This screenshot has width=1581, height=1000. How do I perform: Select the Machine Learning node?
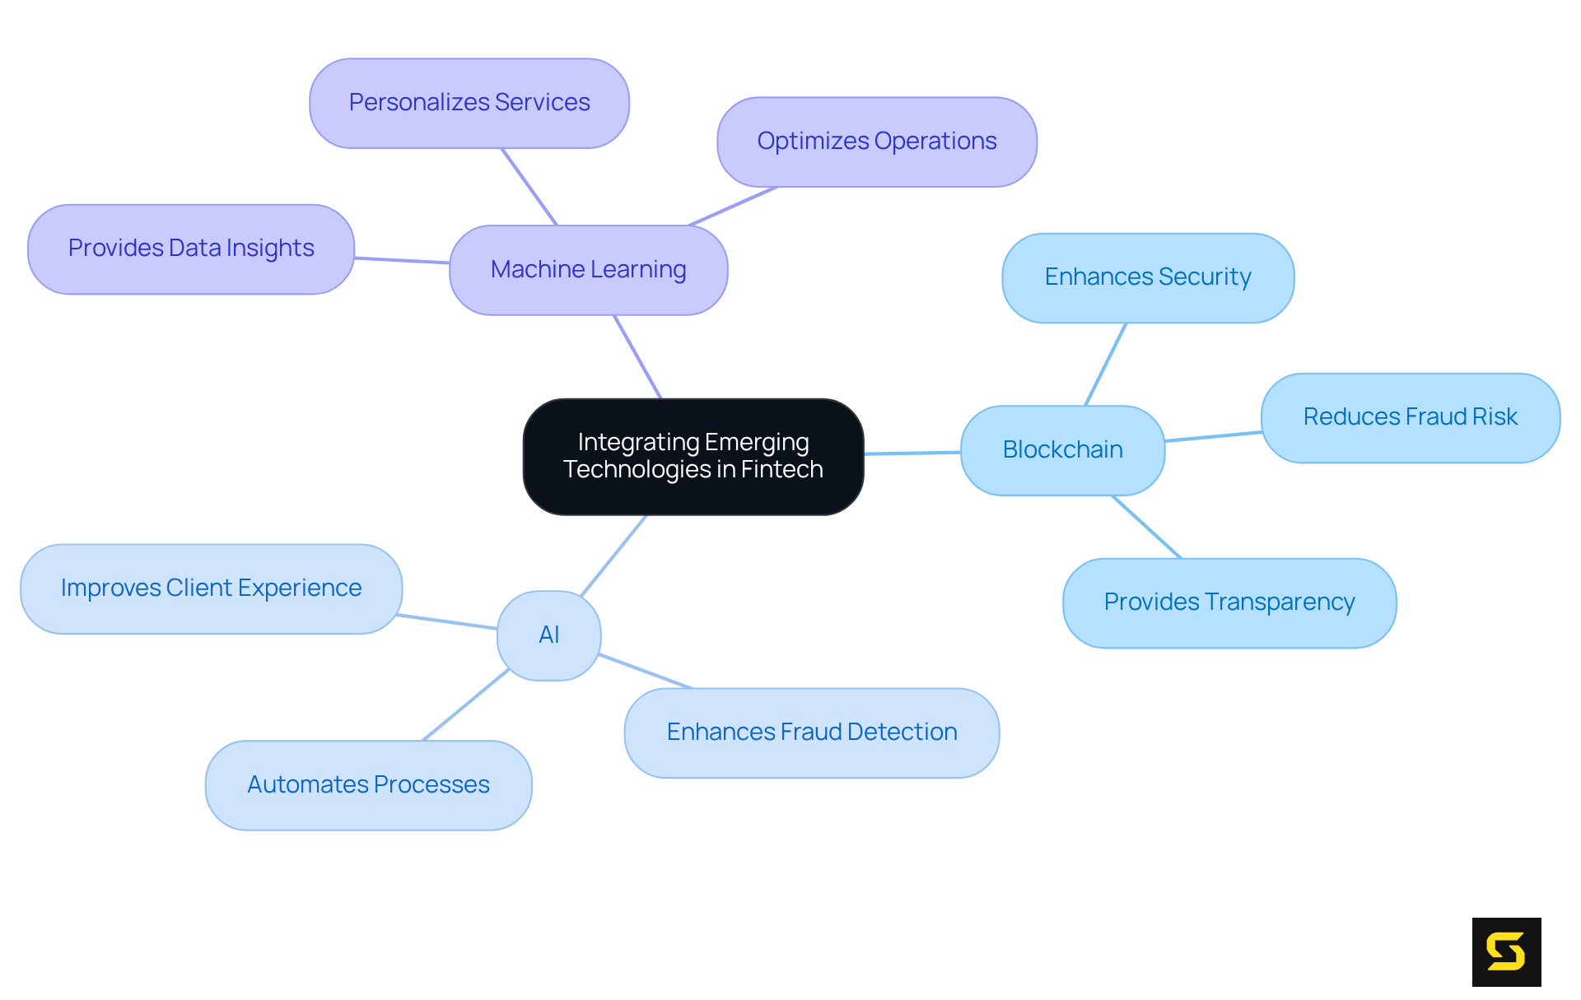click(588, 270)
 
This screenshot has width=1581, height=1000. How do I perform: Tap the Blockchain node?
click(1062, 450)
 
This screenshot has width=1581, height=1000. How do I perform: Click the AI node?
click(548, 635)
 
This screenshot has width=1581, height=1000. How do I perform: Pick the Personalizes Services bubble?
click(469, 103)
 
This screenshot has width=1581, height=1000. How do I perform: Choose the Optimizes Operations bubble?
click(876, 142)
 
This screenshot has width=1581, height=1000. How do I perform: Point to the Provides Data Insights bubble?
click(191, 249)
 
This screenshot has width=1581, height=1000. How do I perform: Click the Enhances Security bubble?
click(1147, 277)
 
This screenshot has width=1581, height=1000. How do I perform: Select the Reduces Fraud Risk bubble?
click(1410, 417)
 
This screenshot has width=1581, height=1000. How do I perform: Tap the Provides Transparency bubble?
click(1229, 602)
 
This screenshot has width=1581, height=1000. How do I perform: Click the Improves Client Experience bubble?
click(211, 588)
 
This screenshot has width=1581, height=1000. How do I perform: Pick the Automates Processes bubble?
click(368, 785)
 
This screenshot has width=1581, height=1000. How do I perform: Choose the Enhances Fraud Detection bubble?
click(811, 733)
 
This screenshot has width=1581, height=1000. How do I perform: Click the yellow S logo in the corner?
click(1506, 951)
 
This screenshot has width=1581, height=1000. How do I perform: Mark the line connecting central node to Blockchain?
click(912, 453)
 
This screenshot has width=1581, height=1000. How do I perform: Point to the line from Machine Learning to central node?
click(637, 356)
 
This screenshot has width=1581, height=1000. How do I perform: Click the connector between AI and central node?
click(613, 556)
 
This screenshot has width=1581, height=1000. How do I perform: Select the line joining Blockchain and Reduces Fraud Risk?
click(1213, 436)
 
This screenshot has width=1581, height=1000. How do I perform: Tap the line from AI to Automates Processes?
click(466, 705)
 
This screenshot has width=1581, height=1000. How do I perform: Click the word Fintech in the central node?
click(781, 470)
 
